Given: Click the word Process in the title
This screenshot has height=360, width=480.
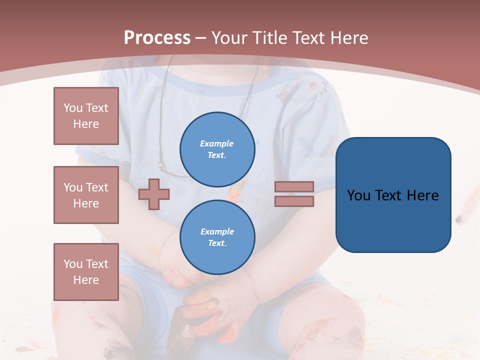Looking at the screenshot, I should pyautogui.click(x=157, y=38).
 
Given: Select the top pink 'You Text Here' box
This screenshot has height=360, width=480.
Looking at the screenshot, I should pyautogui.click(x=86, y=116).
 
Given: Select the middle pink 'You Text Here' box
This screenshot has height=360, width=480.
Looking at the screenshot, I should pyautogui.click(x=86, y=195).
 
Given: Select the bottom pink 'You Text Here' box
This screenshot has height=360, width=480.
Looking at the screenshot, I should pyautogui.click(x=86, y=272).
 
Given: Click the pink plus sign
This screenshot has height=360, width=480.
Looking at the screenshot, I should pyautogui.click(x=154, y=194).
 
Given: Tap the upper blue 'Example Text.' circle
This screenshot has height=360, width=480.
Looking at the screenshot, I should pyautogui.click(x=217, y=149).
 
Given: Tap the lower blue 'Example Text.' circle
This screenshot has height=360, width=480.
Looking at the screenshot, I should pyautogui.click(x=217, y=237).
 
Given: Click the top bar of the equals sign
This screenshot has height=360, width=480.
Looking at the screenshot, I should pyautogui.click(x=294, y=186).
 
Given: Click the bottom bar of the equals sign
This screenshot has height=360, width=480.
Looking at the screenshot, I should pyautogui.click(x=294, y=201).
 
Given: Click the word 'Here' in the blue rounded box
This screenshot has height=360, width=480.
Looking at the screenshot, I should pyautogui.click(x=423, y=195).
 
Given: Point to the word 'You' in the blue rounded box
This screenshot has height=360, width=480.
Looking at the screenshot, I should pyautogui.click(x=359, y=195).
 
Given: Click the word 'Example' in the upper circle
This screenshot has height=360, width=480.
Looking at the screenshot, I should pyautogui.click(x=217, y=143).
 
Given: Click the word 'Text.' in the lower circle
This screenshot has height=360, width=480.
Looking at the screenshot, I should pyautogui.click(x=217, y=243).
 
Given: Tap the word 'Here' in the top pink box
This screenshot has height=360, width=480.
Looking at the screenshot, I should pyautogui.click(x=86, y=124).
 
